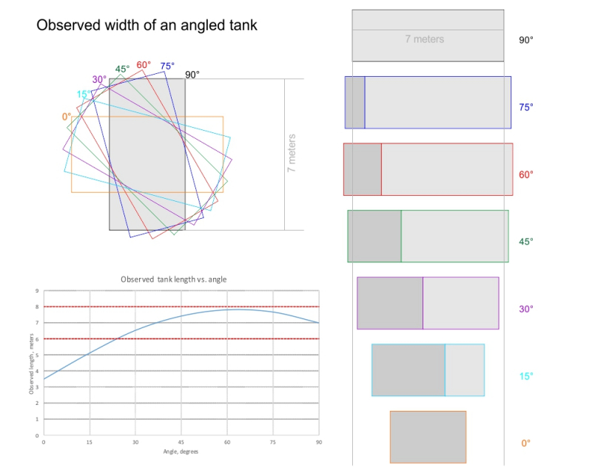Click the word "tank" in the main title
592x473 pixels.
tap(238, 25)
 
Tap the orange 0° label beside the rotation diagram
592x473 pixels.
tap(67, 117)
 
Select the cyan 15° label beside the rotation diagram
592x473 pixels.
tap(84, 95)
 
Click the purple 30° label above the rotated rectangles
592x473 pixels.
tap(99, 80)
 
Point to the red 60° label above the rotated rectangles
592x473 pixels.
tap(144, 65)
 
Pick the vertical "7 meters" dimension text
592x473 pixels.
tap(292, 153)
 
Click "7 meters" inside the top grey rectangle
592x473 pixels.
tap(424, 39)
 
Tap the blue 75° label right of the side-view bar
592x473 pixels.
tap(526, 107)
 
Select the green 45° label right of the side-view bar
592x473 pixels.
tap(526, 242)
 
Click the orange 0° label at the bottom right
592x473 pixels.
tap(526, 443)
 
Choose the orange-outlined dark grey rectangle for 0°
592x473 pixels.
tap(428, 438)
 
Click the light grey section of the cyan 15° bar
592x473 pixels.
tap(465, 370)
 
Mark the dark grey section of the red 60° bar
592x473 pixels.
tap(363, 169)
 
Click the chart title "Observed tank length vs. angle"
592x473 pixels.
tap(174, 279)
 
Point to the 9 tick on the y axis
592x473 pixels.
tap(37, 290)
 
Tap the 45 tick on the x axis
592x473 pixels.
tap(181, 442)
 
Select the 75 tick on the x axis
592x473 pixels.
tap(273, 442)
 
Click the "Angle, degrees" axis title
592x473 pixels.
tap(181, 452)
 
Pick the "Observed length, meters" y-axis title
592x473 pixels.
tap(31, 364)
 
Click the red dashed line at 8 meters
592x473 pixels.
tap(181, 307)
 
